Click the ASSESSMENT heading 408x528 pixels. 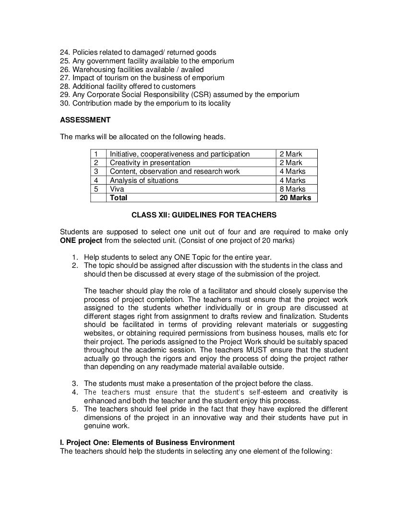[85, 120]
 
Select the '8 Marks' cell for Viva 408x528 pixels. [292, 189]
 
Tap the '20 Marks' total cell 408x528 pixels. [295, 198]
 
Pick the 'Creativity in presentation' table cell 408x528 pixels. [150, 163]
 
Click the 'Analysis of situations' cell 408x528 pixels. [144, 180]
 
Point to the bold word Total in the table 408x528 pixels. [119, 198]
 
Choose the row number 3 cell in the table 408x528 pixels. [96, 171]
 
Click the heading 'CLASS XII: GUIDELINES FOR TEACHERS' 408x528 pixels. [204, 215]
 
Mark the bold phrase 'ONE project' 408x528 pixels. [81, 240]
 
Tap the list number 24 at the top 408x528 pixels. [65, 52]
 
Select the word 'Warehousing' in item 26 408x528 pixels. [92, 70]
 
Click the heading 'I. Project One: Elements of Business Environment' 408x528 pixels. [147, 443]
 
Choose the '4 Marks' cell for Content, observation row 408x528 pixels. [292, 171]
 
